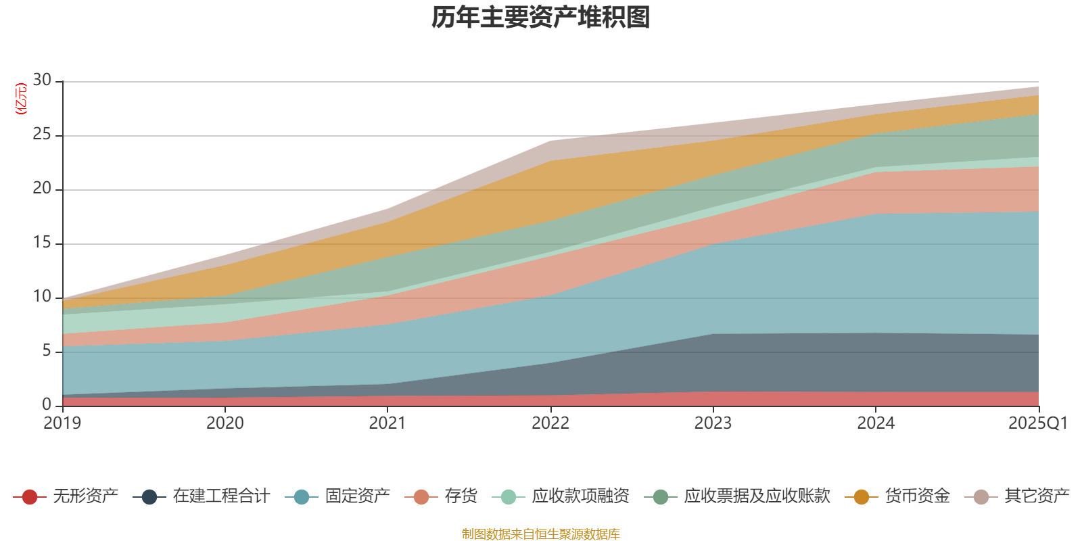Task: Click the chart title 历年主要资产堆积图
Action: click(x=541, y=18)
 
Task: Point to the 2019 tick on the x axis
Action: click(x=62, y=423)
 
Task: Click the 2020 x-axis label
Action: click(x=225, y=423)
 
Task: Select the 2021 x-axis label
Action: click(x=387, y=423)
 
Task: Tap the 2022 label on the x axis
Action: click(x=550, y=423)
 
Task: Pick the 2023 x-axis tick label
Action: click(x=713, y=423)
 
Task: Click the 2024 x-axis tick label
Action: click(x=876, y=423)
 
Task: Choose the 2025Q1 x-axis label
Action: click(x=1037, y=423)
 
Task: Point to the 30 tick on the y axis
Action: click(x=42, y=80)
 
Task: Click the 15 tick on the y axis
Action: click(x=42, y=243)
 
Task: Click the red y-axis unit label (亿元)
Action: click(x=21, y=99)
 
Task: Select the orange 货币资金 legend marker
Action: click(x=862, y=497)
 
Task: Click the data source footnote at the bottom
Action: click(x=541, y=534)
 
